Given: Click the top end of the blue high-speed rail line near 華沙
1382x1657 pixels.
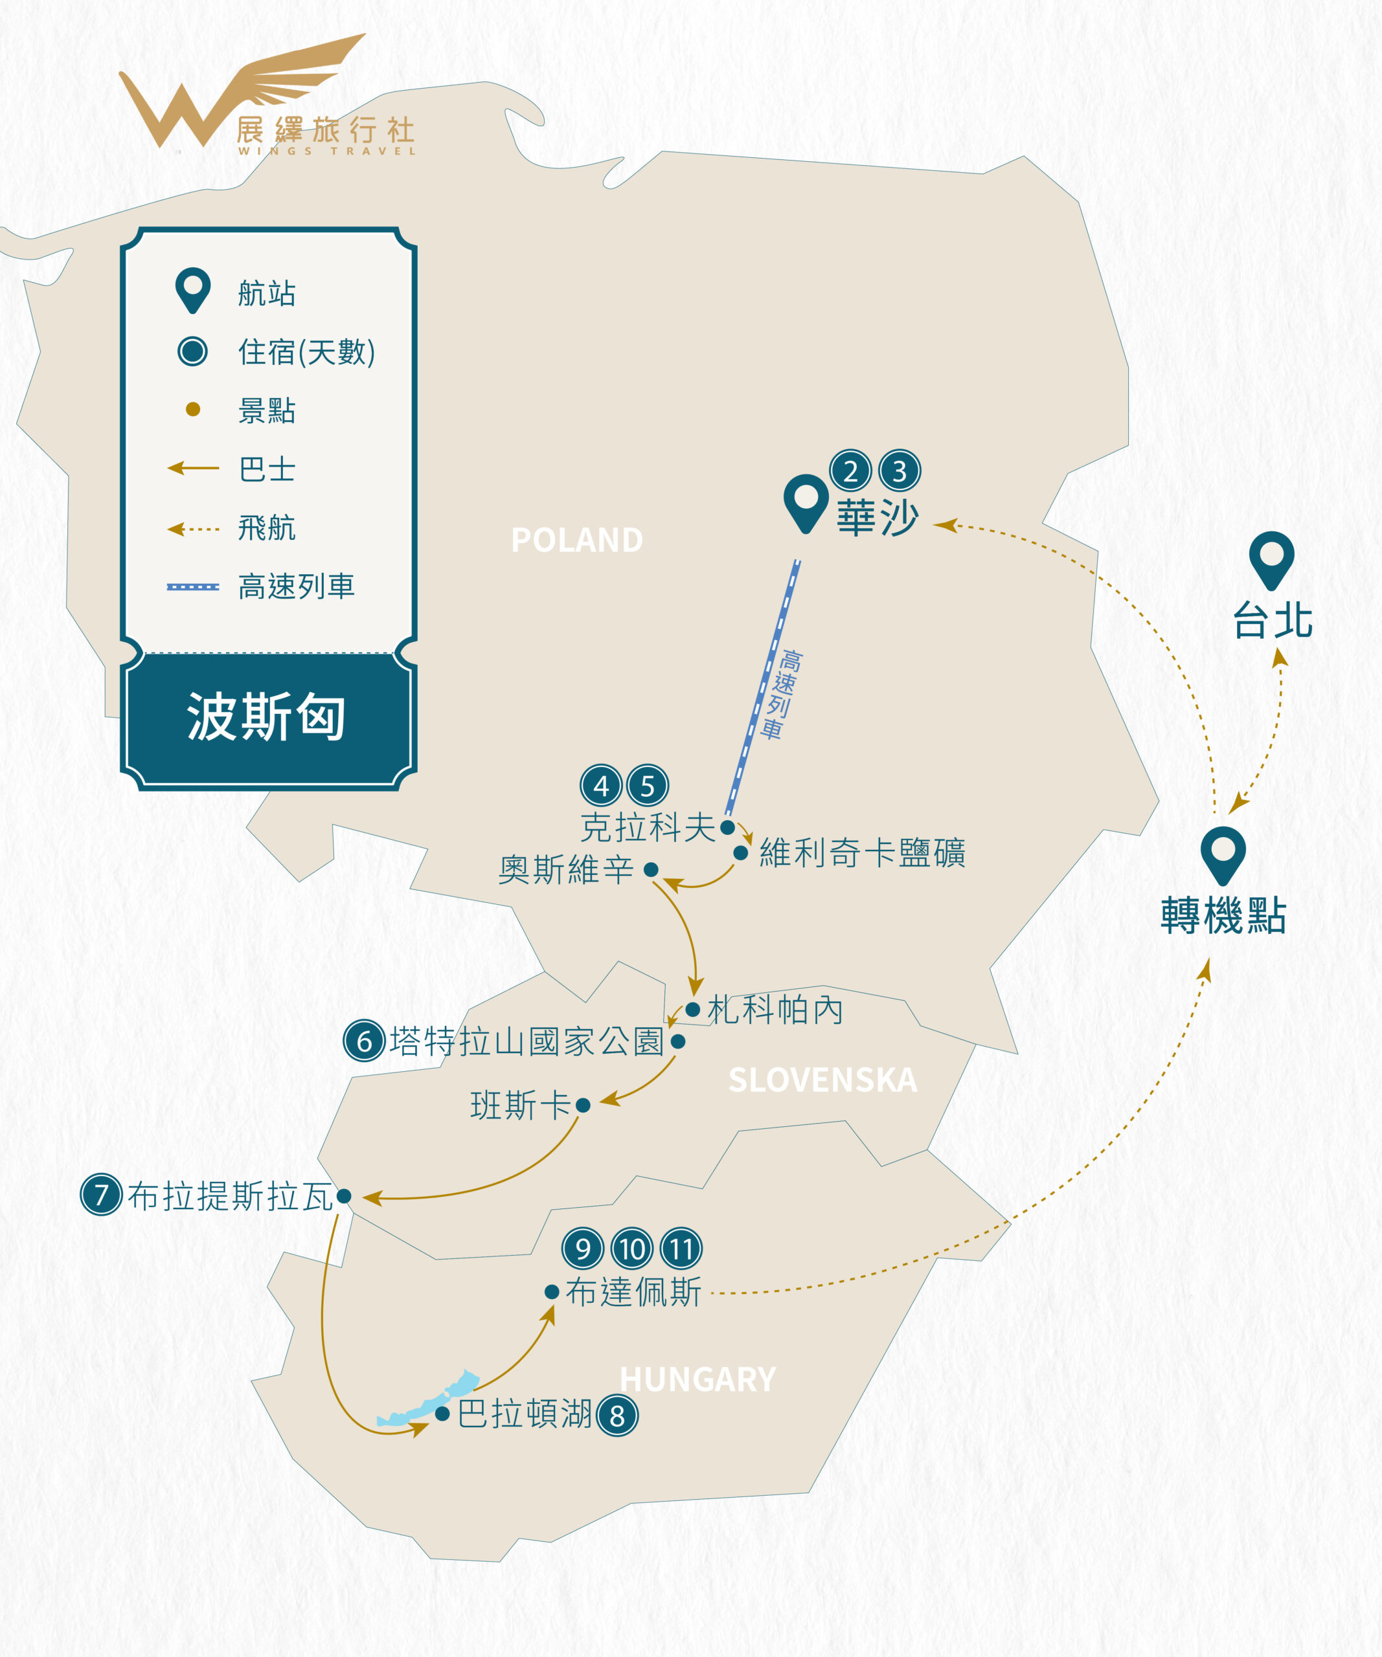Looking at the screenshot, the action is click(797, 561).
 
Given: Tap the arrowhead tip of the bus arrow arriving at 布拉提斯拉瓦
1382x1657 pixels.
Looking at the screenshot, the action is click(363, 1199).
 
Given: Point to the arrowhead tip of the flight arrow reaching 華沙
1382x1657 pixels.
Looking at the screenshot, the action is click(934, 523).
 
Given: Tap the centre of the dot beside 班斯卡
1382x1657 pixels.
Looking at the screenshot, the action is click(583, 1106).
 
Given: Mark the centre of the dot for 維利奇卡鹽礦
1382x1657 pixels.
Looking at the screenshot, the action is click(741, 853).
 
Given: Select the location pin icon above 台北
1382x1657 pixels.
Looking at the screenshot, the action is click(1271, 561).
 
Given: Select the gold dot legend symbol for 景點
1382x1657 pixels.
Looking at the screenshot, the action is click(192, 408).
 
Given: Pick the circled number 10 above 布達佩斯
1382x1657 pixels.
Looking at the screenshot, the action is click(632, 1249).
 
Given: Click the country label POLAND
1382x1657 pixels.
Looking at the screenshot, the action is click(577, 540).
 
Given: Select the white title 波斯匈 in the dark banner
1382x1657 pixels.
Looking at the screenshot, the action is click(266, 717).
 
